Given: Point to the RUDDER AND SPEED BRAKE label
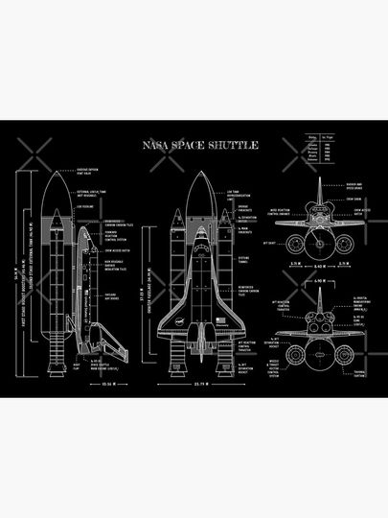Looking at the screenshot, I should (x=354, y=187).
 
